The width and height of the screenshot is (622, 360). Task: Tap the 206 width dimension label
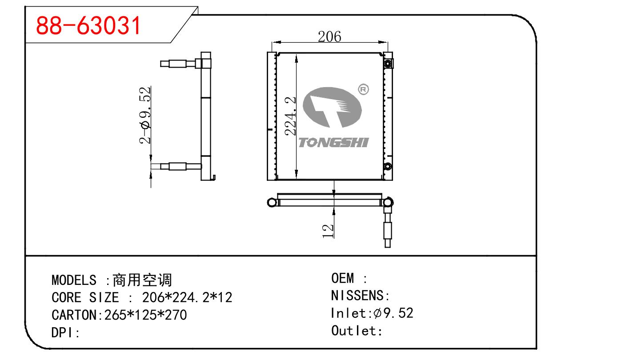click(x=329, y=36)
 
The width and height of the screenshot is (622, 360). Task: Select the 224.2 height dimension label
click(x=291, y=116)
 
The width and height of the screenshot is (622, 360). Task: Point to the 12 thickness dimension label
click(x=328, y=230)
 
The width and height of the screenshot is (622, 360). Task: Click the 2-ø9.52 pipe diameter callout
click(x=145, y=115)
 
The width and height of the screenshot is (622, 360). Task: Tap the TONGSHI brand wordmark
click(x=333, y=143)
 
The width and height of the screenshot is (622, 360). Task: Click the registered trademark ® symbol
click(x=363, y=90)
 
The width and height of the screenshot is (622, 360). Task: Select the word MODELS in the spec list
click(x=74, y=280)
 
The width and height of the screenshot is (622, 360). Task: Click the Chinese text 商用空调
click(x=142, y=280)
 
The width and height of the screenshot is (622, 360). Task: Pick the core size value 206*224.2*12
click(x=187, y=297)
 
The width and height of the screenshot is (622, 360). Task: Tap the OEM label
click(x=343, y=279)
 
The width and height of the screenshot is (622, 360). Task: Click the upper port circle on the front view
click(x=388, y=64)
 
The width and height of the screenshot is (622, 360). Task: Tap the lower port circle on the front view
click(x=388, y=167)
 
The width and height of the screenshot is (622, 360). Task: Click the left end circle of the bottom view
click(x=271, y=203)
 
